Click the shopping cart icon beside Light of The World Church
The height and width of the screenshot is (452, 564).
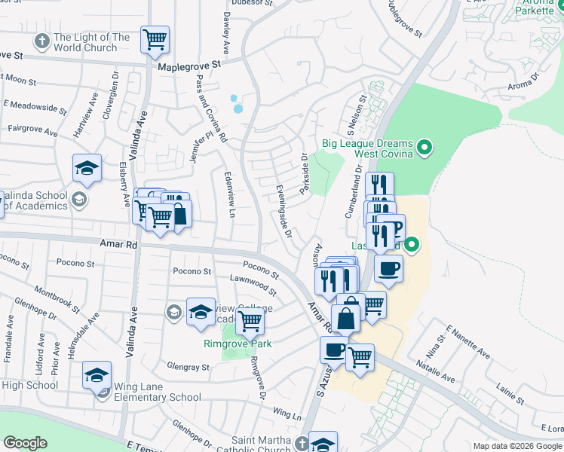tap(155, 38)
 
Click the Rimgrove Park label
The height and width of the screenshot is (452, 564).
tap(238, 344)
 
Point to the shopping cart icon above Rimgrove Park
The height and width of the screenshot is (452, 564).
tap(250, 321)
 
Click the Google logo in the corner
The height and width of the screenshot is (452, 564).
tap(25, 443)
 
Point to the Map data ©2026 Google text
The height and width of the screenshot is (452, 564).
tap(516, 446)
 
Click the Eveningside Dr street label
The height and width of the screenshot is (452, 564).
tap(284, 211)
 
